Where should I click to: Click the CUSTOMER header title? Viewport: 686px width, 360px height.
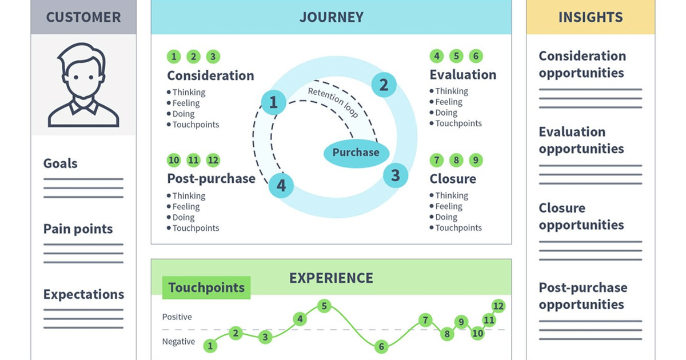pos(83,17)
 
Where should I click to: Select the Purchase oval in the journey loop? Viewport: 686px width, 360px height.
pos(356,153)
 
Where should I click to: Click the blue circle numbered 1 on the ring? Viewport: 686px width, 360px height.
pos(273,103)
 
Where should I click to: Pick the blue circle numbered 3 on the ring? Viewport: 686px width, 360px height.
pos(395,175)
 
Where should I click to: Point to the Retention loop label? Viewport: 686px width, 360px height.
pos(333,103)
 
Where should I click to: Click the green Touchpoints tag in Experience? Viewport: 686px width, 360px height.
pos(206,288)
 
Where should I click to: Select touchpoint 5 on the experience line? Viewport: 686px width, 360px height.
pos(324,306)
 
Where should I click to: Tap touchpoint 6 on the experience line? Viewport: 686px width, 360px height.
pos(381,346)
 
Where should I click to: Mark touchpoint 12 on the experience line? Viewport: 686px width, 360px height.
pos(498,306)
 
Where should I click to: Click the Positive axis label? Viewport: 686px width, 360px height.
pos(177,317)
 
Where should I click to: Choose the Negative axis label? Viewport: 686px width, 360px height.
pos(178,342)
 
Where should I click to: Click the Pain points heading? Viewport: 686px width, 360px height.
pos(78,229)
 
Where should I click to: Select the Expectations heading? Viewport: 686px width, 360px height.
pos(83,295)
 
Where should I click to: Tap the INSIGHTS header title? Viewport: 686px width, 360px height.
pos(591,17)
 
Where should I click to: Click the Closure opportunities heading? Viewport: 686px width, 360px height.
pos(581,217)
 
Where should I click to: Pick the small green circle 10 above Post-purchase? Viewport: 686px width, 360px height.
pos(174,160)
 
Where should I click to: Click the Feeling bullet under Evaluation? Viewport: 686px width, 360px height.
pos(449,102)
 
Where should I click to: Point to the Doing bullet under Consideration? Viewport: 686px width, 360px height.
pos(184,114)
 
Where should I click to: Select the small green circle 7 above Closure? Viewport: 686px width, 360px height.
pos(437,160)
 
